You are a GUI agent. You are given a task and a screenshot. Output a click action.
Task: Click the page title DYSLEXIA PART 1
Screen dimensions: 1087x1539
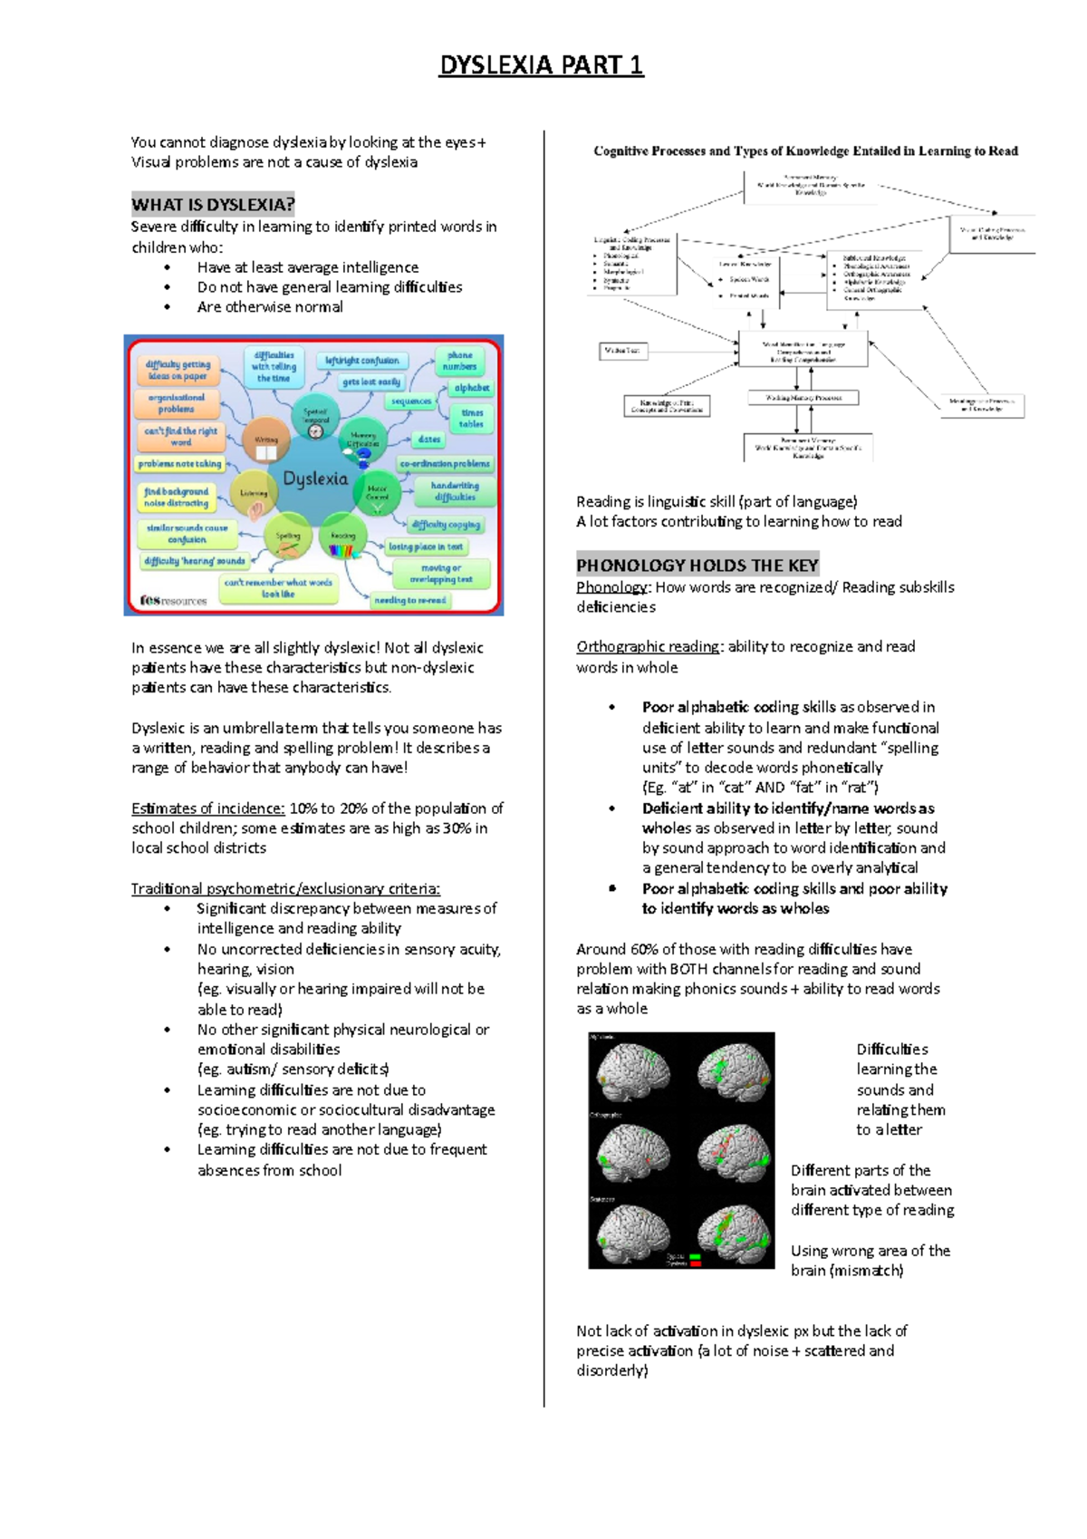[x=541, y=65]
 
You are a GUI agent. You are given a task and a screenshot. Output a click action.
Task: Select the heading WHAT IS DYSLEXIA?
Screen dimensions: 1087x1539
[x=213, y=205]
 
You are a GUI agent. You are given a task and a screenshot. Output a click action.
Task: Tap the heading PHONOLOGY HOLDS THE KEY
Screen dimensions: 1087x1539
[x=697, y=566]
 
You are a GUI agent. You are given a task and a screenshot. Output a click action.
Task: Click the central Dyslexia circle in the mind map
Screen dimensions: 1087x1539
[x=314, y=479]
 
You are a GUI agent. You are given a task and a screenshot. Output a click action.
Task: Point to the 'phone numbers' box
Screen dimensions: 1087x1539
[x=460, y=361]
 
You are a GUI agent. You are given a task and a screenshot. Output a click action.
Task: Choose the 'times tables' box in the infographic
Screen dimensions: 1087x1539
[x=472, y=418]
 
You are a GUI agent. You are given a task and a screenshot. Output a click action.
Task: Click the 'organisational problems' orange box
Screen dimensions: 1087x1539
[x=177, y=403]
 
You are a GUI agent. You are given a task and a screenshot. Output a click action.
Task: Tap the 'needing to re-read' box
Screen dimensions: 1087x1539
[x=411, y=600]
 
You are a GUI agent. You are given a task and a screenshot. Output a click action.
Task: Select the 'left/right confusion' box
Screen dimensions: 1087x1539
[x=362, y=360]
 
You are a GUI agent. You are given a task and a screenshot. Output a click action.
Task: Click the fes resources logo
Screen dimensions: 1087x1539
[x=173, y=600]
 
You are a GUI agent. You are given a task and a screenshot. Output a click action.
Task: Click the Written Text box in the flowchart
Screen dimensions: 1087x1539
[x=623, y=350]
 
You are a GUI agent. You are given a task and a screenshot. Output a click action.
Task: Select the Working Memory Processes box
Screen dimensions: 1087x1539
[x=803, y=398]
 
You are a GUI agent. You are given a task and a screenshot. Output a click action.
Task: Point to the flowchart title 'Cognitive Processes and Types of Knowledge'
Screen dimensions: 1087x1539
[x=805, y=151]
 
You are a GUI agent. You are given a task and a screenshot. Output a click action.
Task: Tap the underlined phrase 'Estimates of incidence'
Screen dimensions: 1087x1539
[x=207, y=808]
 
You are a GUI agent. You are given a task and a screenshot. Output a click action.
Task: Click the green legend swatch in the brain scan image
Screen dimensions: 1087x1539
[x=696, y=1256]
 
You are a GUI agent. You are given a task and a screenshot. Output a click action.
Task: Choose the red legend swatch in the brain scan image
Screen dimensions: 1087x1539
[x=696, y=1263]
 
